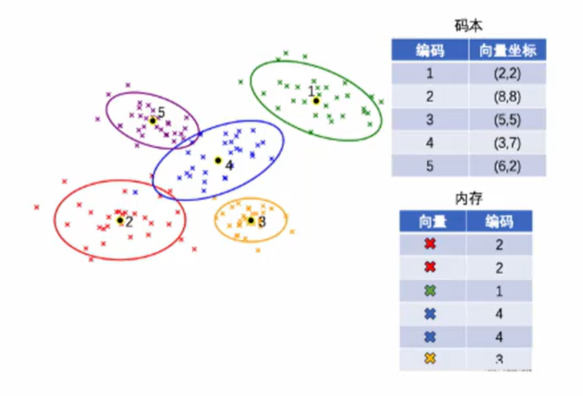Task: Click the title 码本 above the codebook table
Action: pos(469,26)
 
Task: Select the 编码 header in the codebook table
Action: pos(430,51)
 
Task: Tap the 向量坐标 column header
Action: pos(508,51)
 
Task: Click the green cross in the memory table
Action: pos(430,291)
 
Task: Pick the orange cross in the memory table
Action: pos(430,359)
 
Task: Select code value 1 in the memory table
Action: pos(499,291)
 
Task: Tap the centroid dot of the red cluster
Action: pos(120,220)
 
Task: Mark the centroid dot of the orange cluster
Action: pos(251,220)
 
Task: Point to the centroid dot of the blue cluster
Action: pos(218,161)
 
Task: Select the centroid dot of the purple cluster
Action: pos(153,120)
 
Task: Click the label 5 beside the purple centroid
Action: pos(161,112)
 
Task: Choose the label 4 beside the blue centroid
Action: pos(229,165)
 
